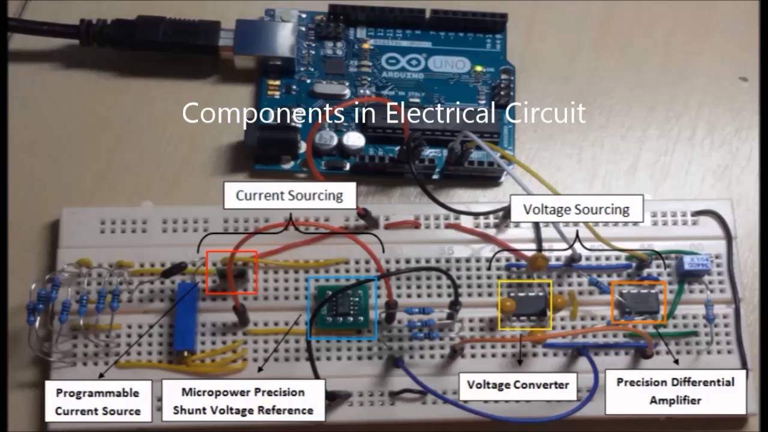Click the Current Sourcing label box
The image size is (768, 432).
(x=289, y=196)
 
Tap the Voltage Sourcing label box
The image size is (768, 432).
(x=576, y=209)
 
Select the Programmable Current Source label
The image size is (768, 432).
(x=98, y=401)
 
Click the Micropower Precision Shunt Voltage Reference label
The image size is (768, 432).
(x=243, y=401)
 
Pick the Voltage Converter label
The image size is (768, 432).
(x=518, y=385)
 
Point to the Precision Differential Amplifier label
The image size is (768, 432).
(x=676, y=391)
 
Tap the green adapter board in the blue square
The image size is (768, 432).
(x=342, y=308)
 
